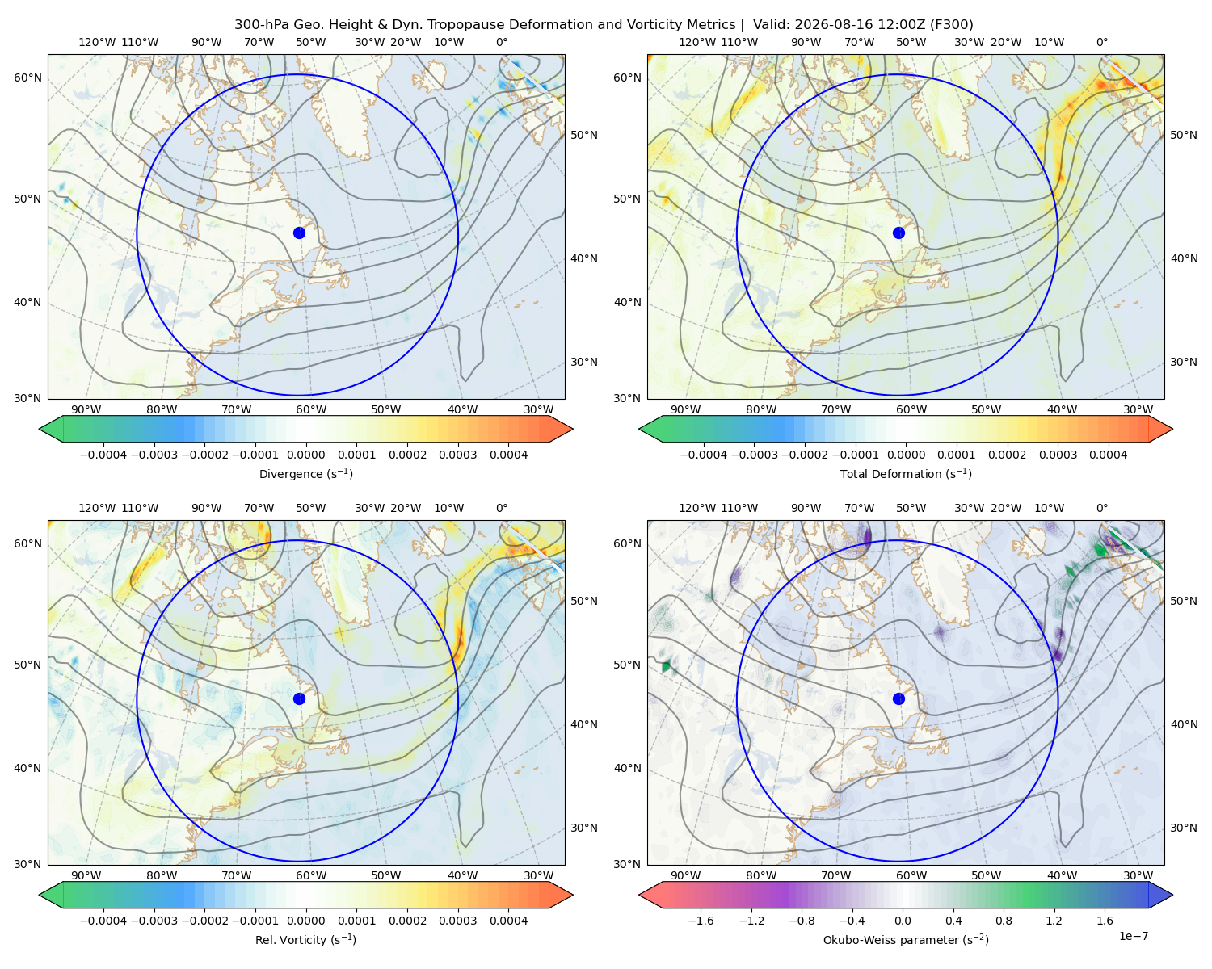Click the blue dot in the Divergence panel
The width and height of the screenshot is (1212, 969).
299,233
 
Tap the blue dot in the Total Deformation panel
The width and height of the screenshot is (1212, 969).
898,233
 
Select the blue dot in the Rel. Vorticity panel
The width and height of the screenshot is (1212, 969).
299,698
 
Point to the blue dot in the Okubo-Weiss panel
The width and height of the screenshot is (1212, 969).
898,698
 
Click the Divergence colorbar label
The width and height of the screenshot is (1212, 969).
305,473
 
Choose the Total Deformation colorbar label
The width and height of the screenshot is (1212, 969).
906,473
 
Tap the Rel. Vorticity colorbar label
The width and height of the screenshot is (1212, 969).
305,939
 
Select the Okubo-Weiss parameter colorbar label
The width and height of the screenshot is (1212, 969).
906,939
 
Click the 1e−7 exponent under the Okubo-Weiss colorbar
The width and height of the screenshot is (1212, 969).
1133,936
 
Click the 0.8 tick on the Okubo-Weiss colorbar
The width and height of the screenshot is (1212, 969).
1004,921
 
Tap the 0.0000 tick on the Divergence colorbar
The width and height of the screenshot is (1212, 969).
305,455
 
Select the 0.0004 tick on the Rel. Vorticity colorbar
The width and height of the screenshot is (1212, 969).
508,921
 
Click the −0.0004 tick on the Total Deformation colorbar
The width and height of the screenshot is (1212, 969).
704,455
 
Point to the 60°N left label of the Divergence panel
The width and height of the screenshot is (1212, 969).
27,78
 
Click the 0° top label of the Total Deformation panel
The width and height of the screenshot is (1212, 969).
1101,42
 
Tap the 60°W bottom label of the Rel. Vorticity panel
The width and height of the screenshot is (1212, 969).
311,875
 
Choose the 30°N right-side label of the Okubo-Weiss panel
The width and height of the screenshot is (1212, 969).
1183,828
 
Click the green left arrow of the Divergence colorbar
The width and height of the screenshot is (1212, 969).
52,429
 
